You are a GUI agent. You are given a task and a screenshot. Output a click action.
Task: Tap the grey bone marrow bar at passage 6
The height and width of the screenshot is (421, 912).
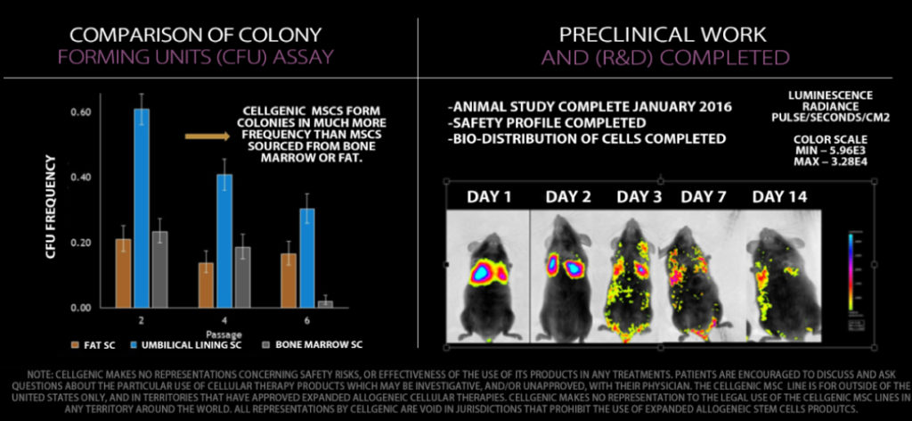[x=326, y=304]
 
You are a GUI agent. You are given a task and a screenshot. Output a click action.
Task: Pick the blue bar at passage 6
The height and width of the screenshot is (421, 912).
[x=306, y=258]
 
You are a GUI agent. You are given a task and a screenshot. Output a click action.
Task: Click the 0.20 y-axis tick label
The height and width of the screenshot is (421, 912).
[x=80, y=243]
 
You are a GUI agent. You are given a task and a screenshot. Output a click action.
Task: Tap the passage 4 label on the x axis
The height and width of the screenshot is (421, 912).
[x=225, y=318]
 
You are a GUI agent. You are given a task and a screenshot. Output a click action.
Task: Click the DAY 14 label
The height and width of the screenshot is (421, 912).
[x=779, y=196]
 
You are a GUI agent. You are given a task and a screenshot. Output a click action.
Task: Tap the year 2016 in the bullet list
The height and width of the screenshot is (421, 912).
[x=710, y=107]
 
